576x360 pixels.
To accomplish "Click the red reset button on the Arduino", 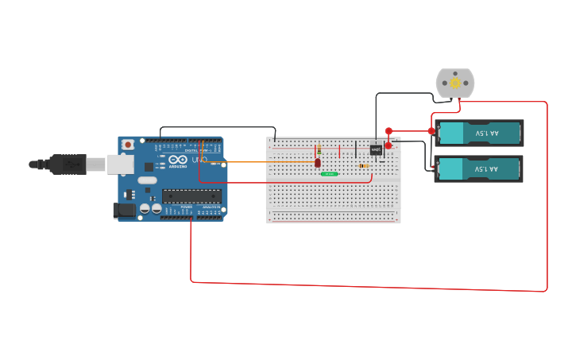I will [127, 145].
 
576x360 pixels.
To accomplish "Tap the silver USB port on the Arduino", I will [120, 164].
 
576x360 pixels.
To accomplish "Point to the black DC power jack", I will [124, 210].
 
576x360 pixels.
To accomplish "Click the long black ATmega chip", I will [191, 195].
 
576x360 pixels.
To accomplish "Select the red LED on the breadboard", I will [318, 163].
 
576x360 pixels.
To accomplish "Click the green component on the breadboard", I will [330, 173].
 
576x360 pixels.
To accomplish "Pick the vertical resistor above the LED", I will [319, 150].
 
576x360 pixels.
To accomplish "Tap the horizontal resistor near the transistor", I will [364, 166].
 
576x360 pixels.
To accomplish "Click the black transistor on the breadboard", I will [376, 149].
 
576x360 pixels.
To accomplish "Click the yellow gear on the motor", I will [455, 83].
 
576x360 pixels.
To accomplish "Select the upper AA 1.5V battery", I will [479, 133].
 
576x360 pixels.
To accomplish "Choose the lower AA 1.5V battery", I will [478, 168].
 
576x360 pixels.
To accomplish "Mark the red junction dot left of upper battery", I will [431, 131].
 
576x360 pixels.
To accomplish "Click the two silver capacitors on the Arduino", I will [150, 208].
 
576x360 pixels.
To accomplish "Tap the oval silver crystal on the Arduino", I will [147, 180].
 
